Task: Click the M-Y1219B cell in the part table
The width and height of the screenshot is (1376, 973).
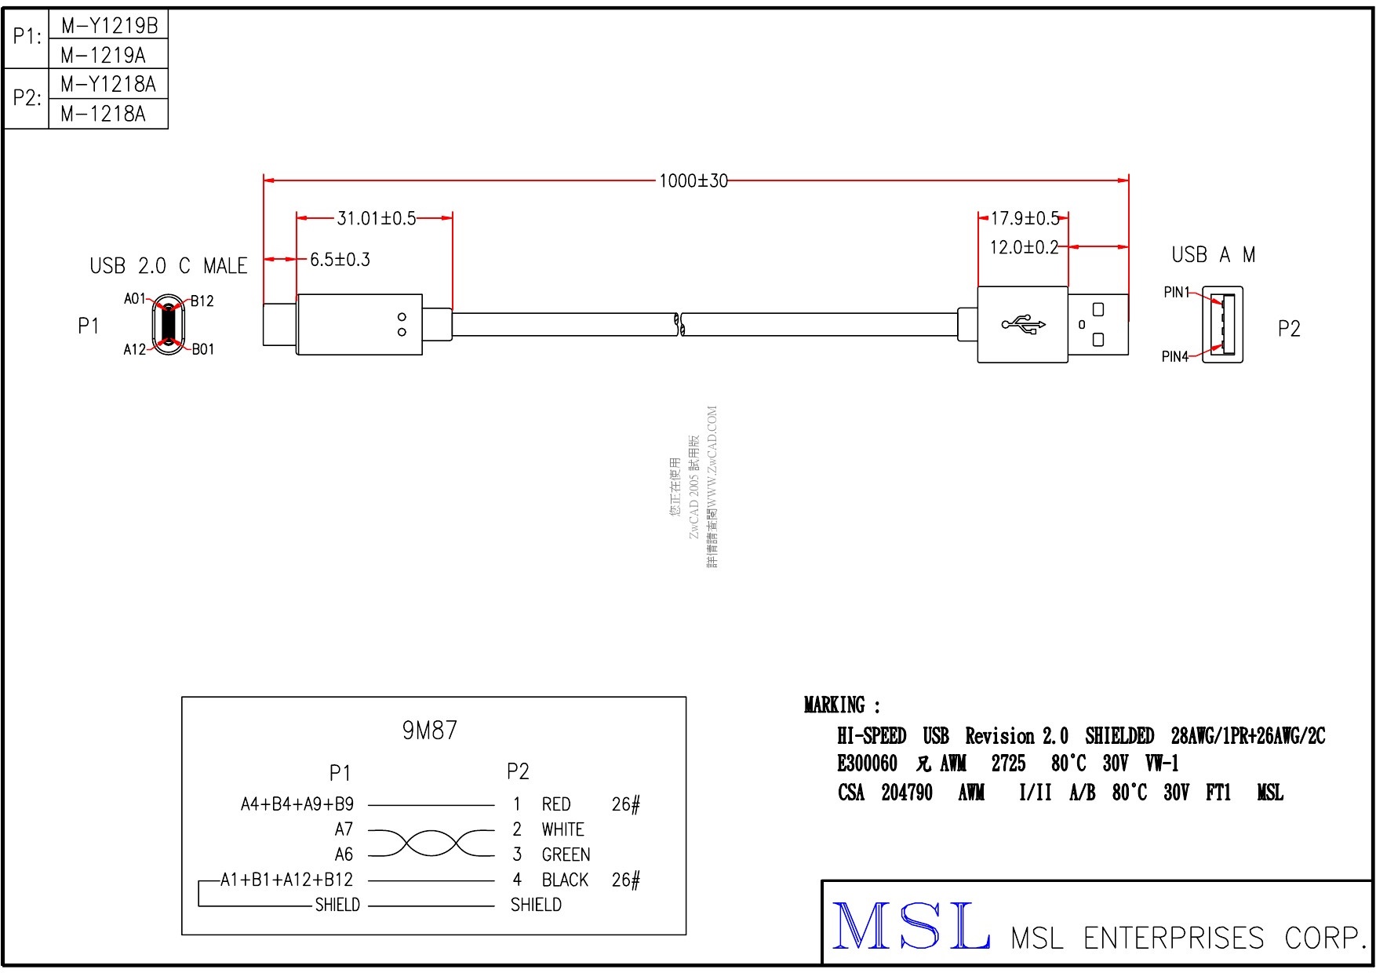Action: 109,26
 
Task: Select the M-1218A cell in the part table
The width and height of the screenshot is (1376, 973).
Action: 103,114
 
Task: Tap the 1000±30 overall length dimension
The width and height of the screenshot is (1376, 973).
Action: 693,181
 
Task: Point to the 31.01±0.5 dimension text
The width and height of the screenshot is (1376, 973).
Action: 376,218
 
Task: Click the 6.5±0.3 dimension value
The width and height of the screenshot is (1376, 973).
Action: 340,260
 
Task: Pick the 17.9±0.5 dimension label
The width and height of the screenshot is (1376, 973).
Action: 1025,218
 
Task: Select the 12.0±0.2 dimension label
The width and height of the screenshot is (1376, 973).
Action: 1024,248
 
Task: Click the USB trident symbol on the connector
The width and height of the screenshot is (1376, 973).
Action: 1023,324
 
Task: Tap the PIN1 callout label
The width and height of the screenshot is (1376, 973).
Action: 1176,293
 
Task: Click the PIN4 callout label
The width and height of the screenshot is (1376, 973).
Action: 1174,357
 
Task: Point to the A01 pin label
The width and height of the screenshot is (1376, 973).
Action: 134,299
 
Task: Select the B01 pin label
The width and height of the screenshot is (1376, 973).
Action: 203,350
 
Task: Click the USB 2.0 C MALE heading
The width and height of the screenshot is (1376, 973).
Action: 168,267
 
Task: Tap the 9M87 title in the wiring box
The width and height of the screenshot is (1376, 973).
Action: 429,731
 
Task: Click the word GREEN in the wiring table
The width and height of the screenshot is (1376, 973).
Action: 566,855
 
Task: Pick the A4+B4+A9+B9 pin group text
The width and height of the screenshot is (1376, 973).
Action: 297,804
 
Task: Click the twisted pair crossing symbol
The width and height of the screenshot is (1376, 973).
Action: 431,843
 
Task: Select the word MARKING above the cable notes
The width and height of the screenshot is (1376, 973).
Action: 835,705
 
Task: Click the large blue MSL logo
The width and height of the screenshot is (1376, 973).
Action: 910,927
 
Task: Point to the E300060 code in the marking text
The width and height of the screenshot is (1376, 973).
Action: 867,763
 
